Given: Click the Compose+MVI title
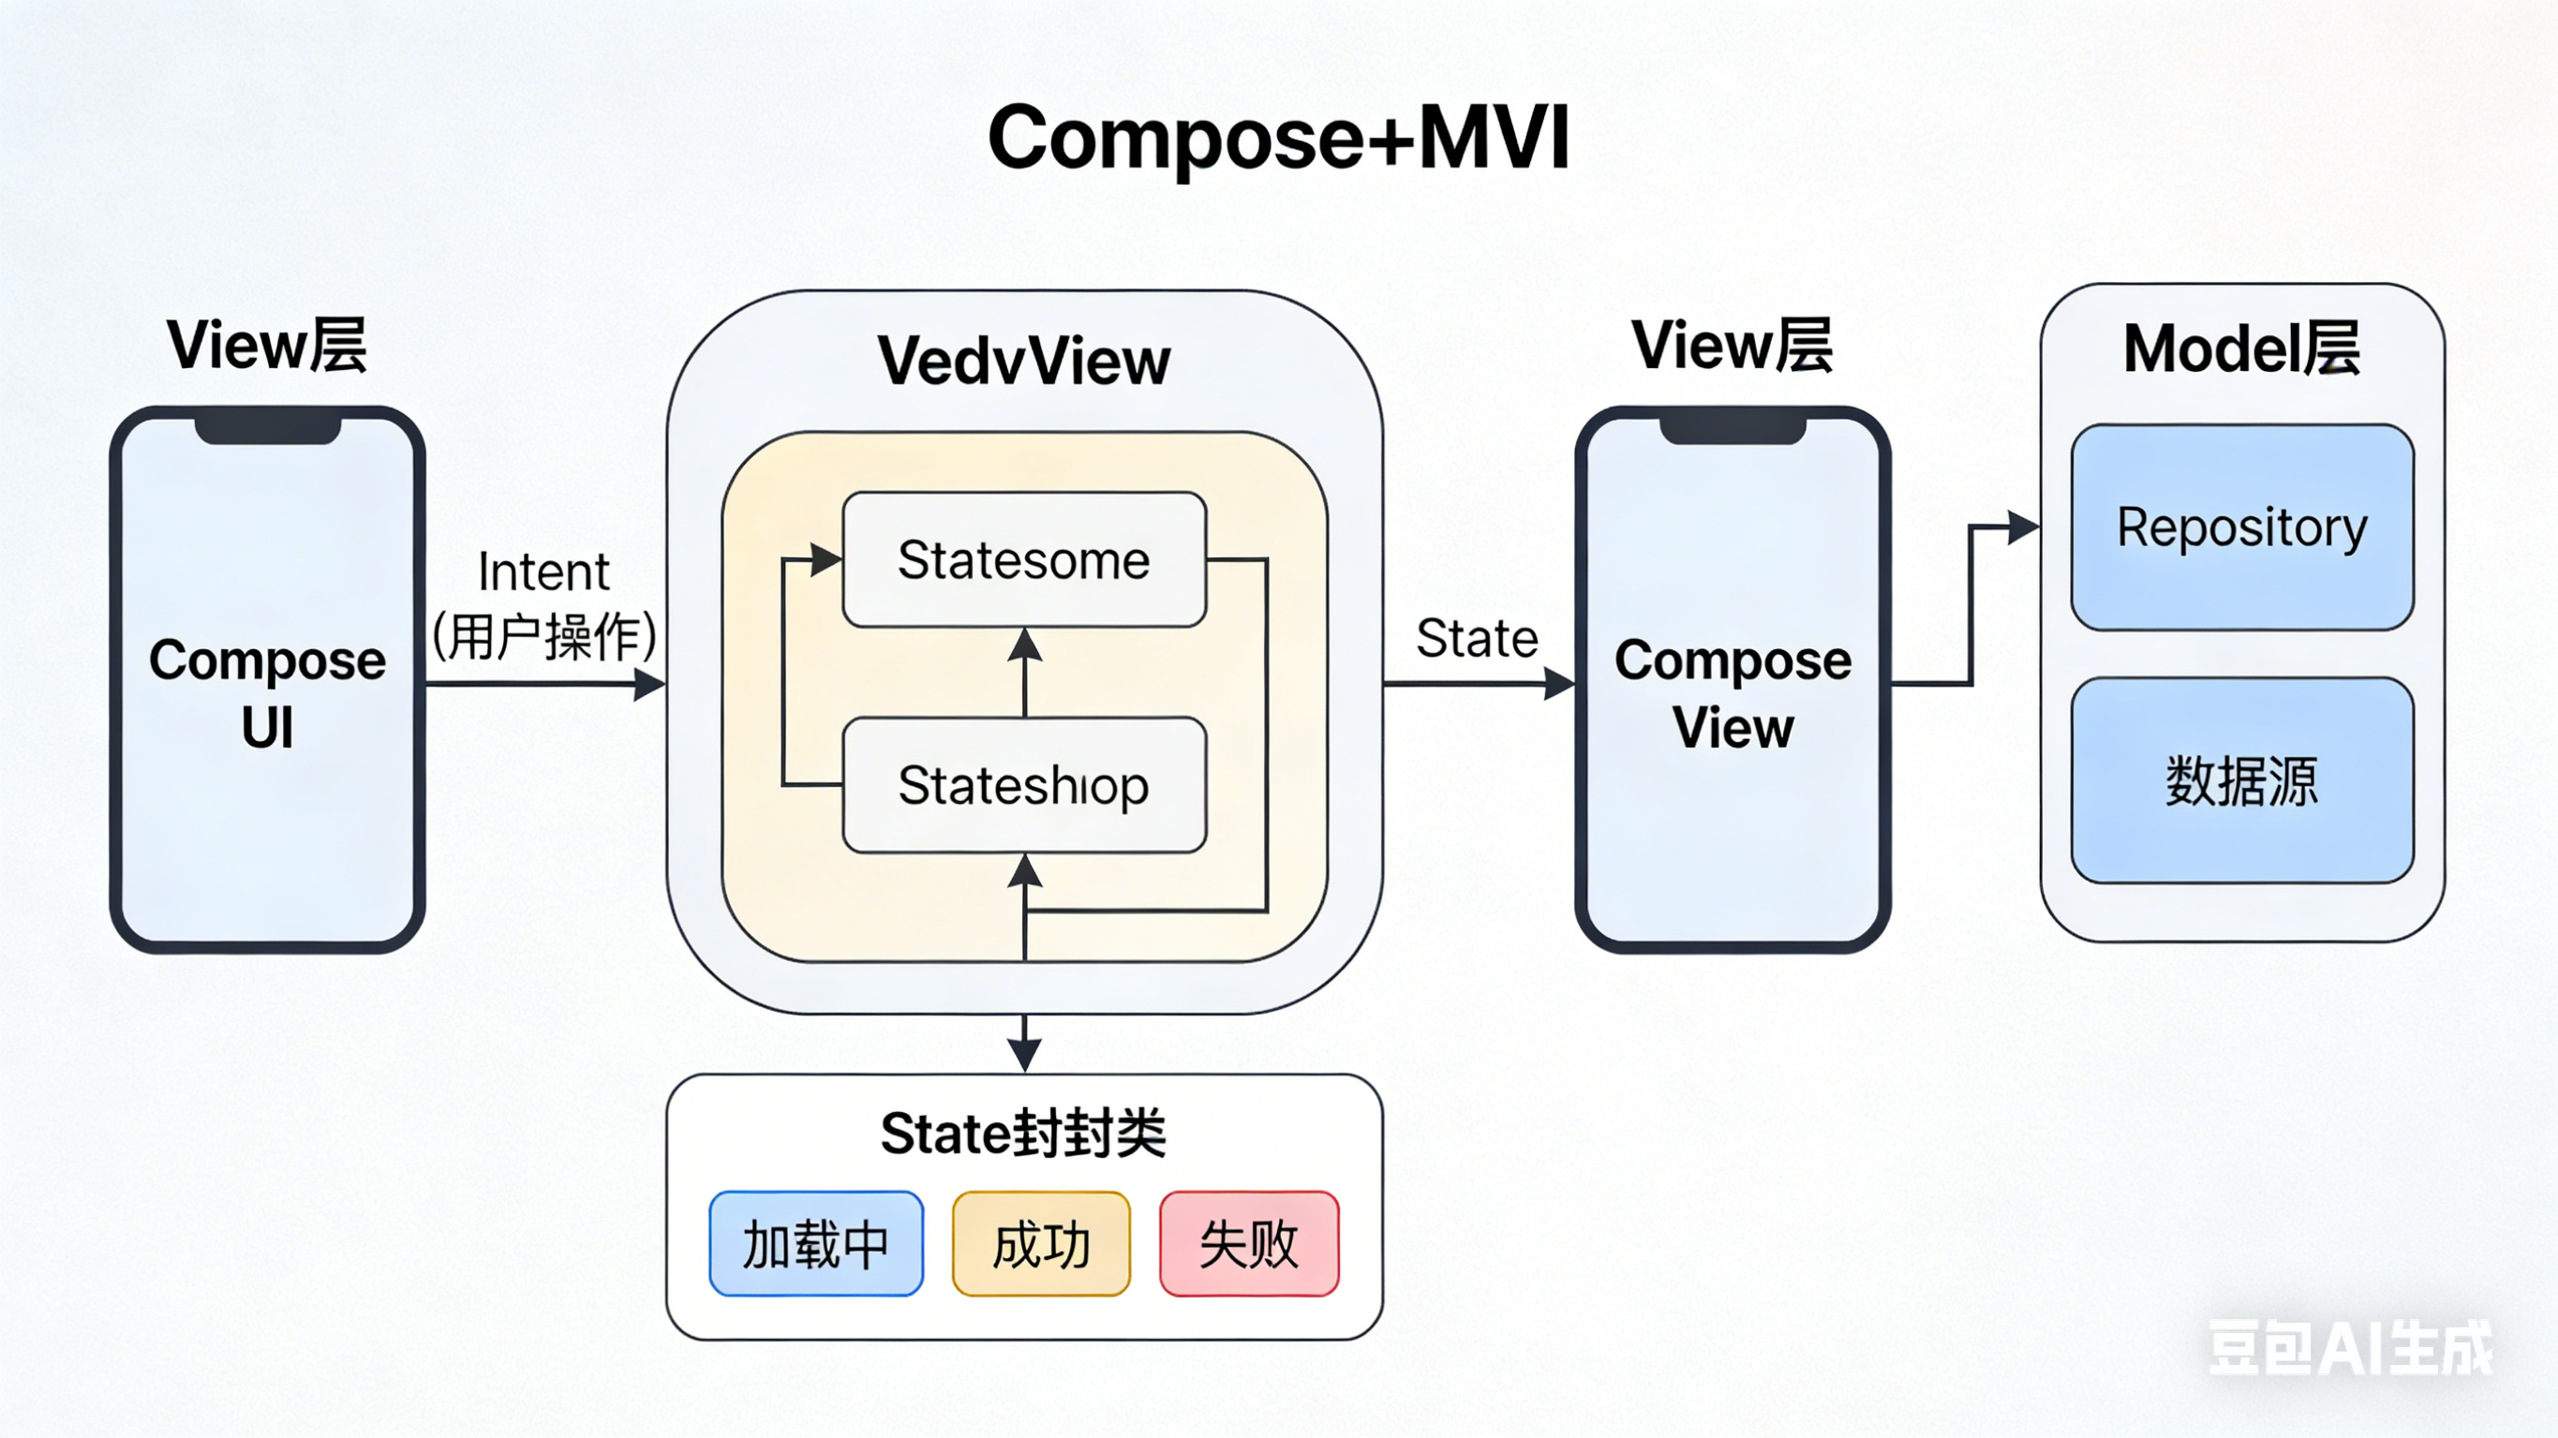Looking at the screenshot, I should pyautogui.click(x=1278, y=139).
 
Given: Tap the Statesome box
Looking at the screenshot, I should pyautogui.click(x=1024, y=560).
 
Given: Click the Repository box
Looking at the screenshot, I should pyautogui.click(x=2241, y=527).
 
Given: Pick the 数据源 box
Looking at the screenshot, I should pyautogui.click(x=2241, y=780).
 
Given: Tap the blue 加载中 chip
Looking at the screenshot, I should pyautogui.click(x=815, y=1244).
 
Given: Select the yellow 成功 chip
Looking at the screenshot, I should pyautogui.click(x=1041, y=1244).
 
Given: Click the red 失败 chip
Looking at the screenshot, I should pyautogui.click(x=1248, y=1244).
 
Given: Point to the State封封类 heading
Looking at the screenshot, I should pyautogui.click(x=1023, y=1134).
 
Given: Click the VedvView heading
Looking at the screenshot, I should pyautogui.click(x=1024, y=361).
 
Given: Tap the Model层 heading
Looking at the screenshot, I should pyautogui.click(x=2241, y=348).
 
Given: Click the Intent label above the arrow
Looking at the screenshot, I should pyautogui.click(x=543, y=572).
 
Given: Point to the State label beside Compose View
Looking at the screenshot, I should pyautogui.click(x=1477, y=639).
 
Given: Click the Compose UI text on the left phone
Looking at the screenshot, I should pyautogui.click(x=267, y=693).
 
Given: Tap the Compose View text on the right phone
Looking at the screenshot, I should pyautogui.click(x=1733, y=693).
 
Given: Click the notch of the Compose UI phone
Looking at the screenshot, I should pyautogui.click(x=267, y=430).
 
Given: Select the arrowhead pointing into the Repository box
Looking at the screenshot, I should pyautogui.click(x=2022, y=527).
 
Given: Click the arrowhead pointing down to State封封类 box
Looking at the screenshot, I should pyautogui.click(x=1024, y=1055).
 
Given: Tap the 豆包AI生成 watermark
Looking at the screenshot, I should pyautogui.click(x=2349, y=1349).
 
